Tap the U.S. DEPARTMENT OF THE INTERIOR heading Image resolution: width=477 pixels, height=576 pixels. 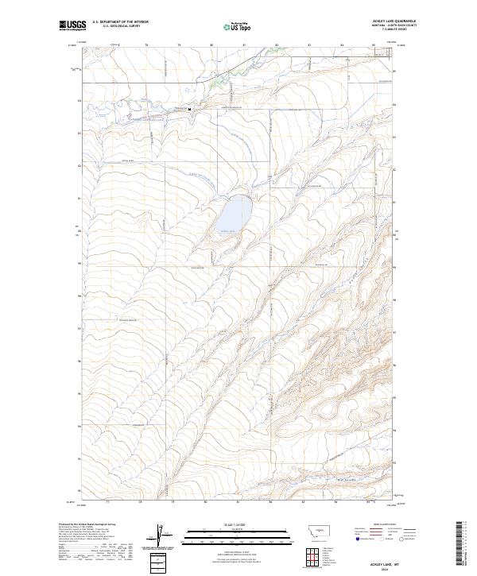pos(119,22)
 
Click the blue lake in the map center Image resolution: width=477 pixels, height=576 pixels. pos(235,212)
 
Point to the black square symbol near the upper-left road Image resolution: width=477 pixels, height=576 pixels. pos(189,110)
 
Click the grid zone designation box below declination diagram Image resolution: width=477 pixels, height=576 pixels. pos(157,560)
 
